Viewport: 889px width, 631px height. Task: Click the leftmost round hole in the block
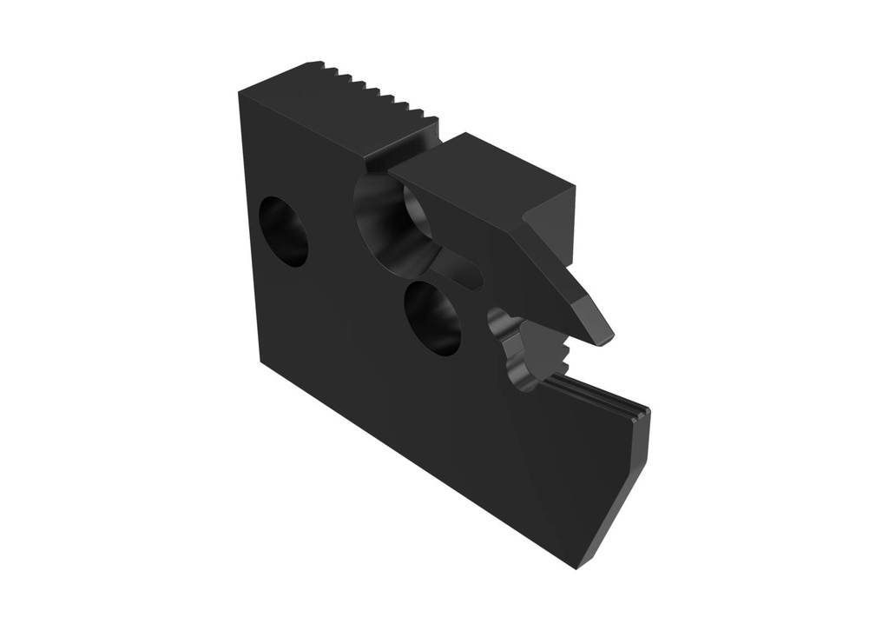(x=284, y=231)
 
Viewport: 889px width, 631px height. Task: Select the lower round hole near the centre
(x=432, y=317)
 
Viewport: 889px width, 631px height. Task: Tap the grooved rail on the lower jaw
(x=599, y=395)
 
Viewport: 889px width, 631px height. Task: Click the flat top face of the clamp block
(x=486, y=169)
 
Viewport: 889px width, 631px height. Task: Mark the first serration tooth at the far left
(x=318, y=66)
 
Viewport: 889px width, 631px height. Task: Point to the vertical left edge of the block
(x=247, y=226)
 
